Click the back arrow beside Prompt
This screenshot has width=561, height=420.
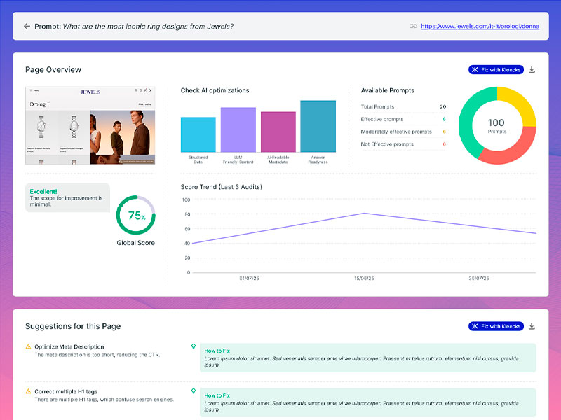click(27, 26)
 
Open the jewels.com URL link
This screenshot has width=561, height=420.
click(479, 26)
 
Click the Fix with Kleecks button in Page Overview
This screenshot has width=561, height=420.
click(496, 70)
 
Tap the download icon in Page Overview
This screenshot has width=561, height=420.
click(532, 70)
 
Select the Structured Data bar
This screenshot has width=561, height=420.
click(198, 134)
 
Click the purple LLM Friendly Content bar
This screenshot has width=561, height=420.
click(238, 129)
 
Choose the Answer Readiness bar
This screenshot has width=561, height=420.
click(318, 126)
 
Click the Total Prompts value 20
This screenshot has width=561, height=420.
click(442, 107)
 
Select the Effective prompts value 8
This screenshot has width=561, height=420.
click(444, 119)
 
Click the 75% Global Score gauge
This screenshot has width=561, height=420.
click(135, 215)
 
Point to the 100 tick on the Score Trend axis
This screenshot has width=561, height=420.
click(187, 199)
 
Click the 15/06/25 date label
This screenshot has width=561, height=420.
click(363, 279)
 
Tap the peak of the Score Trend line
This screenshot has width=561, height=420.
click(363, 213)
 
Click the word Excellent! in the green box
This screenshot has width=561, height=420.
click(43, 190)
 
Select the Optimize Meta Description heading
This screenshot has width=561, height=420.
click(69, 346)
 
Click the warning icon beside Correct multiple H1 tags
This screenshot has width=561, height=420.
click(28, 391)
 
